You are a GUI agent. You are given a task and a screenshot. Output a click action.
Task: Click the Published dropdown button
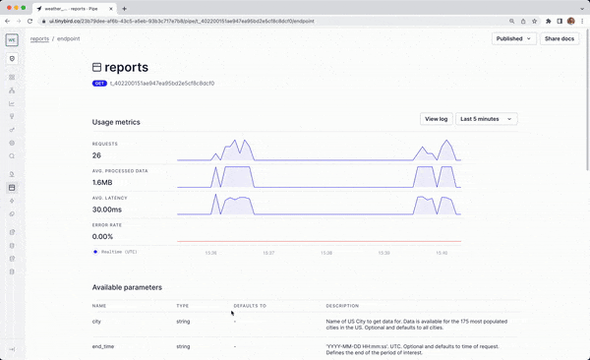[514, 38]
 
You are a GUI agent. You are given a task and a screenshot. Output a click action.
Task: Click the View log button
[436, 119]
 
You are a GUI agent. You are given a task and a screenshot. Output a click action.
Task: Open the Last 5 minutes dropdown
[487, 119]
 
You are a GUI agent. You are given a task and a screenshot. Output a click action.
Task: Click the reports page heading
[126, 68]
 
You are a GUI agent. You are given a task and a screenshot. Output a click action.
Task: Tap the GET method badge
[99, 84]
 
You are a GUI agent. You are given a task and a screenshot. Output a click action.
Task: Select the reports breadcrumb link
[39, 38]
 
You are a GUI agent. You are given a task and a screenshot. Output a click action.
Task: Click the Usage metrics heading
[116, 122]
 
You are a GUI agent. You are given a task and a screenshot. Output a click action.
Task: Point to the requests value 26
[96, 155]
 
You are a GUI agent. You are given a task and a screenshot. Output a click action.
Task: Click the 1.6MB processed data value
[102, 182]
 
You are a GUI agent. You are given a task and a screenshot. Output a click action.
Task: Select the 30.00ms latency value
[106, 210]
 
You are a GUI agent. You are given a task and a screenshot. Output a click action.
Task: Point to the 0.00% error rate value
[102, 236]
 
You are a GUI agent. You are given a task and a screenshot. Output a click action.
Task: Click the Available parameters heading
[127, 287]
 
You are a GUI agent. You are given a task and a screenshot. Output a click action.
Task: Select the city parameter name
[96, 321]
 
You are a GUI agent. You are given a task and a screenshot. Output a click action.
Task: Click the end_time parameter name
[103, 346]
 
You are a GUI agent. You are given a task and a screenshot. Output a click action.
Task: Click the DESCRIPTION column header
[342, 306]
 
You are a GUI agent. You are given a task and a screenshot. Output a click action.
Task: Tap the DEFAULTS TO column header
[250, 306]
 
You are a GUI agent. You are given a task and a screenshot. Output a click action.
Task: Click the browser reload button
[33, 21]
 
